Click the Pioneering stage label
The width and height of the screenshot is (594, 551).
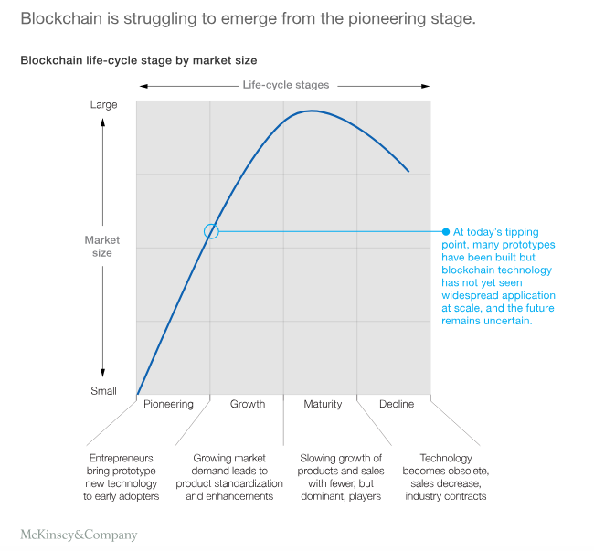(x=169, y=404)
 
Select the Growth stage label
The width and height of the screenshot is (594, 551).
(x=248, y=404)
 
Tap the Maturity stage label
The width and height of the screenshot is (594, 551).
(x=322, y=404)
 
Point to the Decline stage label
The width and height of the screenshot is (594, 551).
(x=396, y=404)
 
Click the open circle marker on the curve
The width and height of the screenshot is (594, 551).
(x=211, y=231)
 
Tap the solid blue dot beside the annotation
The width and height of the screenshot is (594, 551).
(x=446, y=231)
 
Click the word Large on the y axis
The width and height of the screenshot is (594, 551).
(x=103, y=104)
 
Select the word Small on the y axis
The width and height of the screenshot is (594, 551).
(x=103, y=391)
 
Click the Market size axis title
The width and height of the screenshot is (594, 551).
(x=102, y=247)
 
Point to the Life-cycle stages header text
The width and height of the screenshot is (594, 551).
(x=285, y=85)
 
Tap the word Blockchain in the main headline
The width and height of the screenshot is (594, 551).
(x=60, y=18)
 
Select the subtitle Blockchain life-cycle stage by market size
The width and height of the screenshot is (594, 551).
(x=139, y=60)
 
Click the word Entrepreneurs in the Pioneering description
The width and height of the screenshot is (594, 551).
(x=121, y=458)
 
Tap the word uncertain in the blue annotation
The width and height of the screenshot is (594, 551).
(x=504, y=322)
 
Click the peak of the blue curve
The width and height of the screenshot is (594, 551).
(x=311, y=111)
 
